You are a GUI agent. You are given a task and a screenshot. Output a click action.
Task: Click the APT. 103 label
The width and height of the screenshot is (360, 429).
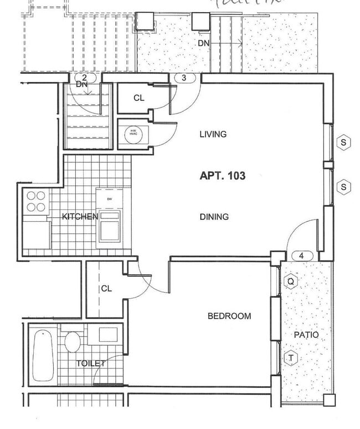click(x=222, y=176)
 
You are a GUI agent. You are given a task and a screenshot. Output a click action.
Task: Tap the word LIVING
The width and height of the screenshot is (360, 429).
click(x=213, y=134)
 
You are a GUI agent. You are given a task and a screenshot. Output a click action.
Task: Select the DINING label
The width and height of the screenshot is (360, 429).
click(x=214, y=217)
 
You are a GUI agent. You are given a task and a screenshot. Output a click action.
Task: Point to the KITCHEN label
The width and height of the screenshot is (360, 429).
click(x=80, y=216)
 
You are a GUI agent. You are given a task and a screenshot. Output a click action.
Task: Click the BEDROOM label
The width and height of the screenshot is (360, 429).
click(x=229, y=316)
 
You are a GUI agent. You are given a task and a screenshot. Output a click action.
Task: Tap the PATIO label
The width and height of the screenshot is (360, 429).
click(x=305, y=335)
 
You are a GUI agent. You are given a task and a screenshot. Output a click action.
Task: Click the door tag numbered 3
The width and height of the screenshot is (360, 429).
click(x=184, y=78)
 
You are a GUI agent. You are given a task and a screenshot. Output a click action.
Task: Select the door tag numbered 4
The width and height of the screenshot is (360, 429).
click(x=301, y=256)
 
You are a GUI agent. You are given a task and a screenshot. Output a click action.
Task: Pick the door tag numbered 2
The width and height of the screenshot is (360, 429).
click(x=84, y=78)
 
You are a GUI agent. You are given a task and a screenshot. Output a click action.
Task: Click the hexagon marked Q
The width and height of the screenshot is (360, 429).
click(x=291, y=282)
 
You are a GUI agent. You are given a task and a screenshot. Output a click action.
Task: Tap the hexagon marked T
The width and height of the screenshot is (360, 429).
click(x=291, y=358)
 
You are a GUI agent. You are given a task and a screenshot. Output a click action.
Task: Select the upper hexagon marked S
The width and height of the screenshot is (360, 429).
click(x=344, y=142)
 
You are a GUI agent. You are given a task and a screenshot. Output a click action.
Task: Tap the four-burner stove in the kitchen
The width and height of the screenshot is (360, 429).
click(x=36, y=201)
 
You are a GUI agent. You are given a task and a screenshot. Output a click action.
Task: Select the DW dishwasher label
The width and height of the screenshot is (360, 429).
click(x=110, y=198)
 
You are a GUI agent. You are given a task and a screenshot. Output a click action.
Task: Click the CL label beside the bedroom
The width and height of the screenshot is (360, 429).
click(x=106, y=289)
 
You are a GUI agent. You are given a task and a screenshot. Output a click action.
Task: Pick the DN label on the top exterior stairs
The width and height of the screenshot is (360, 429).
click(x=203, y=43)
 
